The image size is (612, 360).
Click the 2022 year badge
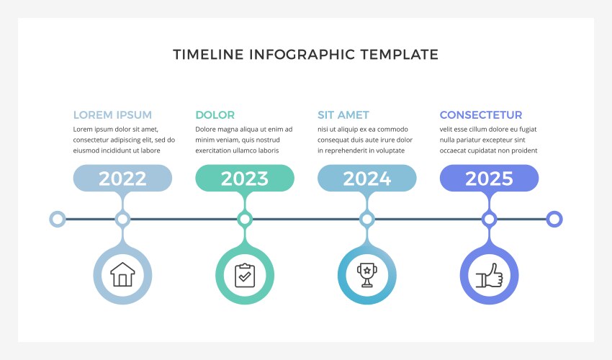pos(122,179)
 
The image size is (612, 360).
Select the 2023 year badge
pos(245,179)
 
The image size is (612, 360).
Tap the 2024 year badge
pos(367,179)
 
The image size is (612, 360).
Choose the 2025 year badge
pos(489,179)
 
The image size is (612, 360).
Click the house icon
pos(122,274)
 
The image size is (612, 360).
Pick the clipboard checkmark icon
pos(245,274)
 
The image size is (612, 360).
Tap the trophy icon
pos(367,274)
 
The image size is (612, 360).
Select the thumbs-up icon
pos(489,274)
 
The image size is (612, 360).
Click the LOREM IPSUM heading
pos(112,115)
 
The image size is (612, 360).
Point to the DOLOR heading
pos(215,115)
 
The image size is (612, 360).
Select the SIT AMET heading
pos(343,115)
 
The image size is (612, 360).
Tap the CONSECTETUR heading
pos(481,115)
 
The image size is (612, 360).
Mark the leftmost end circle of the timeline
pos(57,219)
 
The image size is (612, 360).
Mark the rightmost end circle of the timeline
pos(554,219)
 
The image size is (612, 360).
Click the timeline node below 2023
pos(245,219)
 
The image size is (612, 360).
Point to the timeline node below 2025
pos(489,219)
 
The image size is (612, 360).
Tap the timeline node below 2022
pos(122,219)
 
